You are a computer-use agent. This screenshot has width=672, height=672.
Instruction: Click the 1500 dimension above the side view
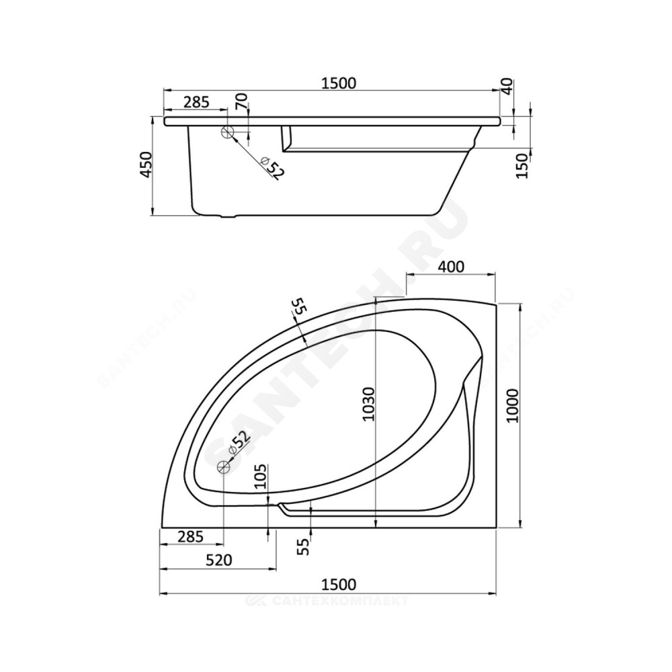(339, 83)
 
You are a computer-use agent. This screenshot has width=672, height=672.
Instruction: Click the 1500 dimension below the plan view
(339, 584)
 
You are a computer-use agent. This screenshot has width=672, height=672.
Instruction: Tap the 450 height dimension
(146, 165)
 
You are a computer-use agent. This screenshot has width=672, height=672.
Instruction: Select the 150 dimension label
(522, 166)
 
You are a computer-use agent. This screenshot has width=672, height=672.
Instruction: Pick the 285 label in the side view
(196, 102)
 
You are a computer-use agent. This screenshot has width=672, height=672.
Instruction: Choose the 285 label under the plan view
(190, 536)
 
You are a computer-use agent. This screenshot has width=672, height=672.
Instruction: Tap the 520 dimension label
(219, 560)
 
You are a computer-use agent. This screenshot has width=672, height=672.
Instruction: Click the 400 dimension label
(451, 267)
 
